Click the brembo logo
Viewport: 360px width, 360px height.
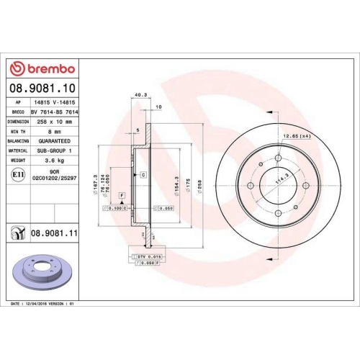tap(43, 68)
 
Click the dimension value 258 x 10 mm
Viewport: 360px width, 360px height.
tap(56, 122)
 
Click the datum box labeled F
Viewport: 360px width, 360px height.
tap(122, 196)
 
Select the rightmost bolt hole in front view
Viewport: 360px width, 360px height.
tap(306, 186)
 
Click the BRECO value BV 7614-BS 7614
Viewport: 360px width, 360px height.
tap(56, 113)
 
